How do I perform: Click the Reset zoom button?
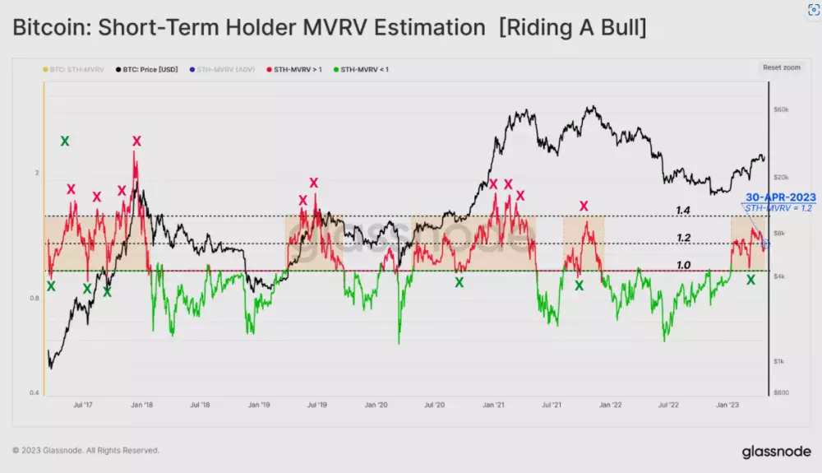[x=781, y=67]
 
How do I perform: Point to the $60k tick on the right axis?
[x=783, y=109]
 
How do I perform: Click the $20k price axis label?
[x=783, y=177]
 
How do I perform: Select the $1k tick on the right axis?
[x=781, y=362]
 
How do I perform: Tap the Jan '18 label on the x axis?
[x=143, y=406]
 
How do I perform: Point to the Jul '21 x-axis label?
[x=552, y=406]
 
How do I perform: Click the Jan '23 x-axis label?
[x=726, y=406]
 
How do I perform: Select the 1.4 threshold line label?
[x=683, y=211]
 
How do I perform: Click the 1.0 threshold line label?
[x=683, y=265]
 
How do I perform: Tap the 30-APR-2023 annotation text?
[x=780, y=197]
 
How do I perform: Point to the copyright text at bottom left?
[x=86, y=451]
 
